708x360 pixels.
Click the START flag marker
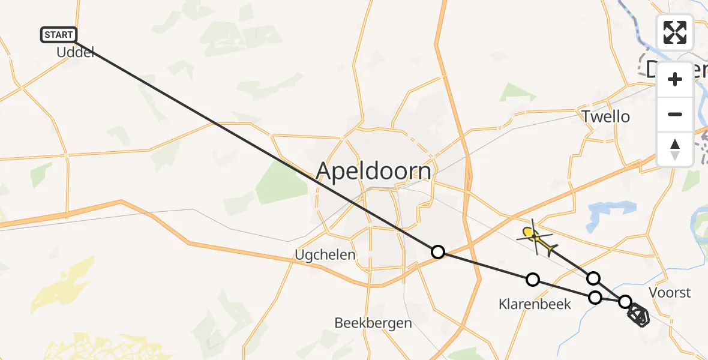click(x=59, y=35)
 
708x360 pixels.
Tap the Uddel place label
click(x=76, y=53)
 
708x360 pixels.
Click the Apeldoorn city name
click(x=373, y=172)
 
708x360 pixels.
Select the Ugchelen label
click(x=325, y=255)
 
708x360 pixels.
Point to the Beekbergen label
click(x=373, y=323)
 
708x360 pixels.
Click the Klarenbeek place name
click(x=535, y=304)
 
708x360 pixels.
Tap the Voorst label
click(x=670, y=293)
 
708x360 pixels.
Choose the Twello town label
click(x=605, y=116)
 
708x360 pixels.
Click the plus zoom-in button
click(x=675, y=79)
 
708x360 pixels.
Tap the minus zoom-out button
click(x=675, y=114)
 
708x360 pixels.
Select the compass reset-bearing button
click(x=675, y=149)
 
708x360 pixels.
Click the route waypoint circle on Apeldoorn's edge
click(x=438, y=252)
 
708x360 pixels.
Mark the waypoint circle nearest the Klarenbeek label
click(x=532, y=279)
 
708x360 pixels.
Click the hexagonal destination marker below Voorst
click(x=638, y=315)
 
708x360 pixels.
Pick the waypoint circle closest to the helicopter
click(x=593, y=278)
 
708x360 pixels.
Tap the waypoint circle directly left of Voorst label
click(x=625, y=301)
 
